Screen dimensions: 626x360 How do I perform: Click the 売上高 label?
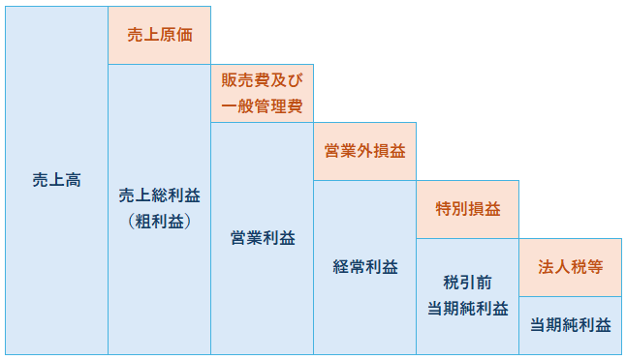coord(57,180)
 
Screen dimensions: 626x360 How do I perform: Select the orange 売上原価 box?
coord(159,35)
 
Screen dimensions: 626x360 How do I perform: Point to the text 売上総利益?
coord(159,195)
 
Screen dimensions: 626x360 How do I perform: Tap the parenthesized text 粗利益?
coord(159,222)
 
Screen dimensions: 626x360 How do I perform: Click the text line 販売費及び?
coord(262,80)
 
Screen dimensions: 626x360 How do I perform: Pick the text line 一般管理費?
coord(262,106)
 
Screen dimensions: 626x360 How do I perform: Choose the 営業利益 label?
coord(263,238)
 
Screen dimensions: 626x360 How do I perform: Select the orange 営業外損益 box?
coord(365,151)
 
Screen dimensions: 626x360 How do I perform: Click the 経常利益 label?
coord(365,267)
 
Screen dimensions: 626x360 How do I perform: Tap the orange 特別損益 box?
coord(467,209)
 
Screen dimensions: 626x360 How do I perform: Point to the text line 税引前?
coord(467,283)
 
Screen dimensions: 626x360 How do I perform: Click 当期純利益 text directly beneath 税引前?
coord(468,309)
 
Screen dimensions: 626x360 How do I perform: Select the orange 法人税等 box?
coord(571,267)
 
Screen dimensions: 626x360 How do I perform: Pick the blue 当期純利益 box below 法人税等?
coord(571,325)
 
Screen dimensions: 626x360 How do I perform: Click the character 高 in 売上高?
coord(73,180)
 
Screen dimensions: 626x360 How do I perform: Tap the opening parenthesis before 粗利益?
coord(131,222)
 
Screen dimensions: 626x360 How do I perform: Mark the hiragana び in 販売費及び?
coord(295,80)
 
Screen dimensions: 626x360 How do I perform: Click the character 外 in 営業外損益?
coord(365,151)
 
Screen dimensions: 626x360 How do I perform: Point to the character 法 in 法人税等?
coord(546,267)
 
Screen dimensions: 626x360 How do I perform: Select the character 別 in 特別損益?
coord(459,209)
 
